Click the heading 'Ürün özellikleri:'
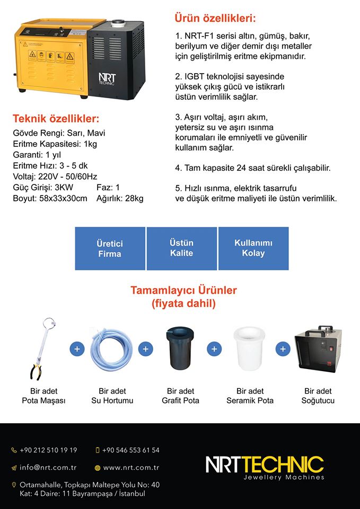pos(215,19)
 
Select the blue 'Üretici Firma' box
pos(110,248)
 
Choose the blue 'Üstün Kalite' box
pos(181,248)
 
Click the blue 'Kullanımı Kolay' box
pos(253,248)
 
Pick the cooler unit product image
pos(318,350)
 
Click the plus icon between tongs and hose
pos(77,349)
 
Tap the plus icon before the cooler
pos(283,349)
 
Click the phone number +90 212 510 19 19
pos(48,450)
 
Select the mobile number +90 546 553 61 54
pos(131,450)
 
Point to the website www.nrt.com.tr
pos(131,468)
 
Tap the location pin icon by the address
pos(14,485)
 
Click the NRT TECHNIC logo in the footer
pos(265,466)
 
